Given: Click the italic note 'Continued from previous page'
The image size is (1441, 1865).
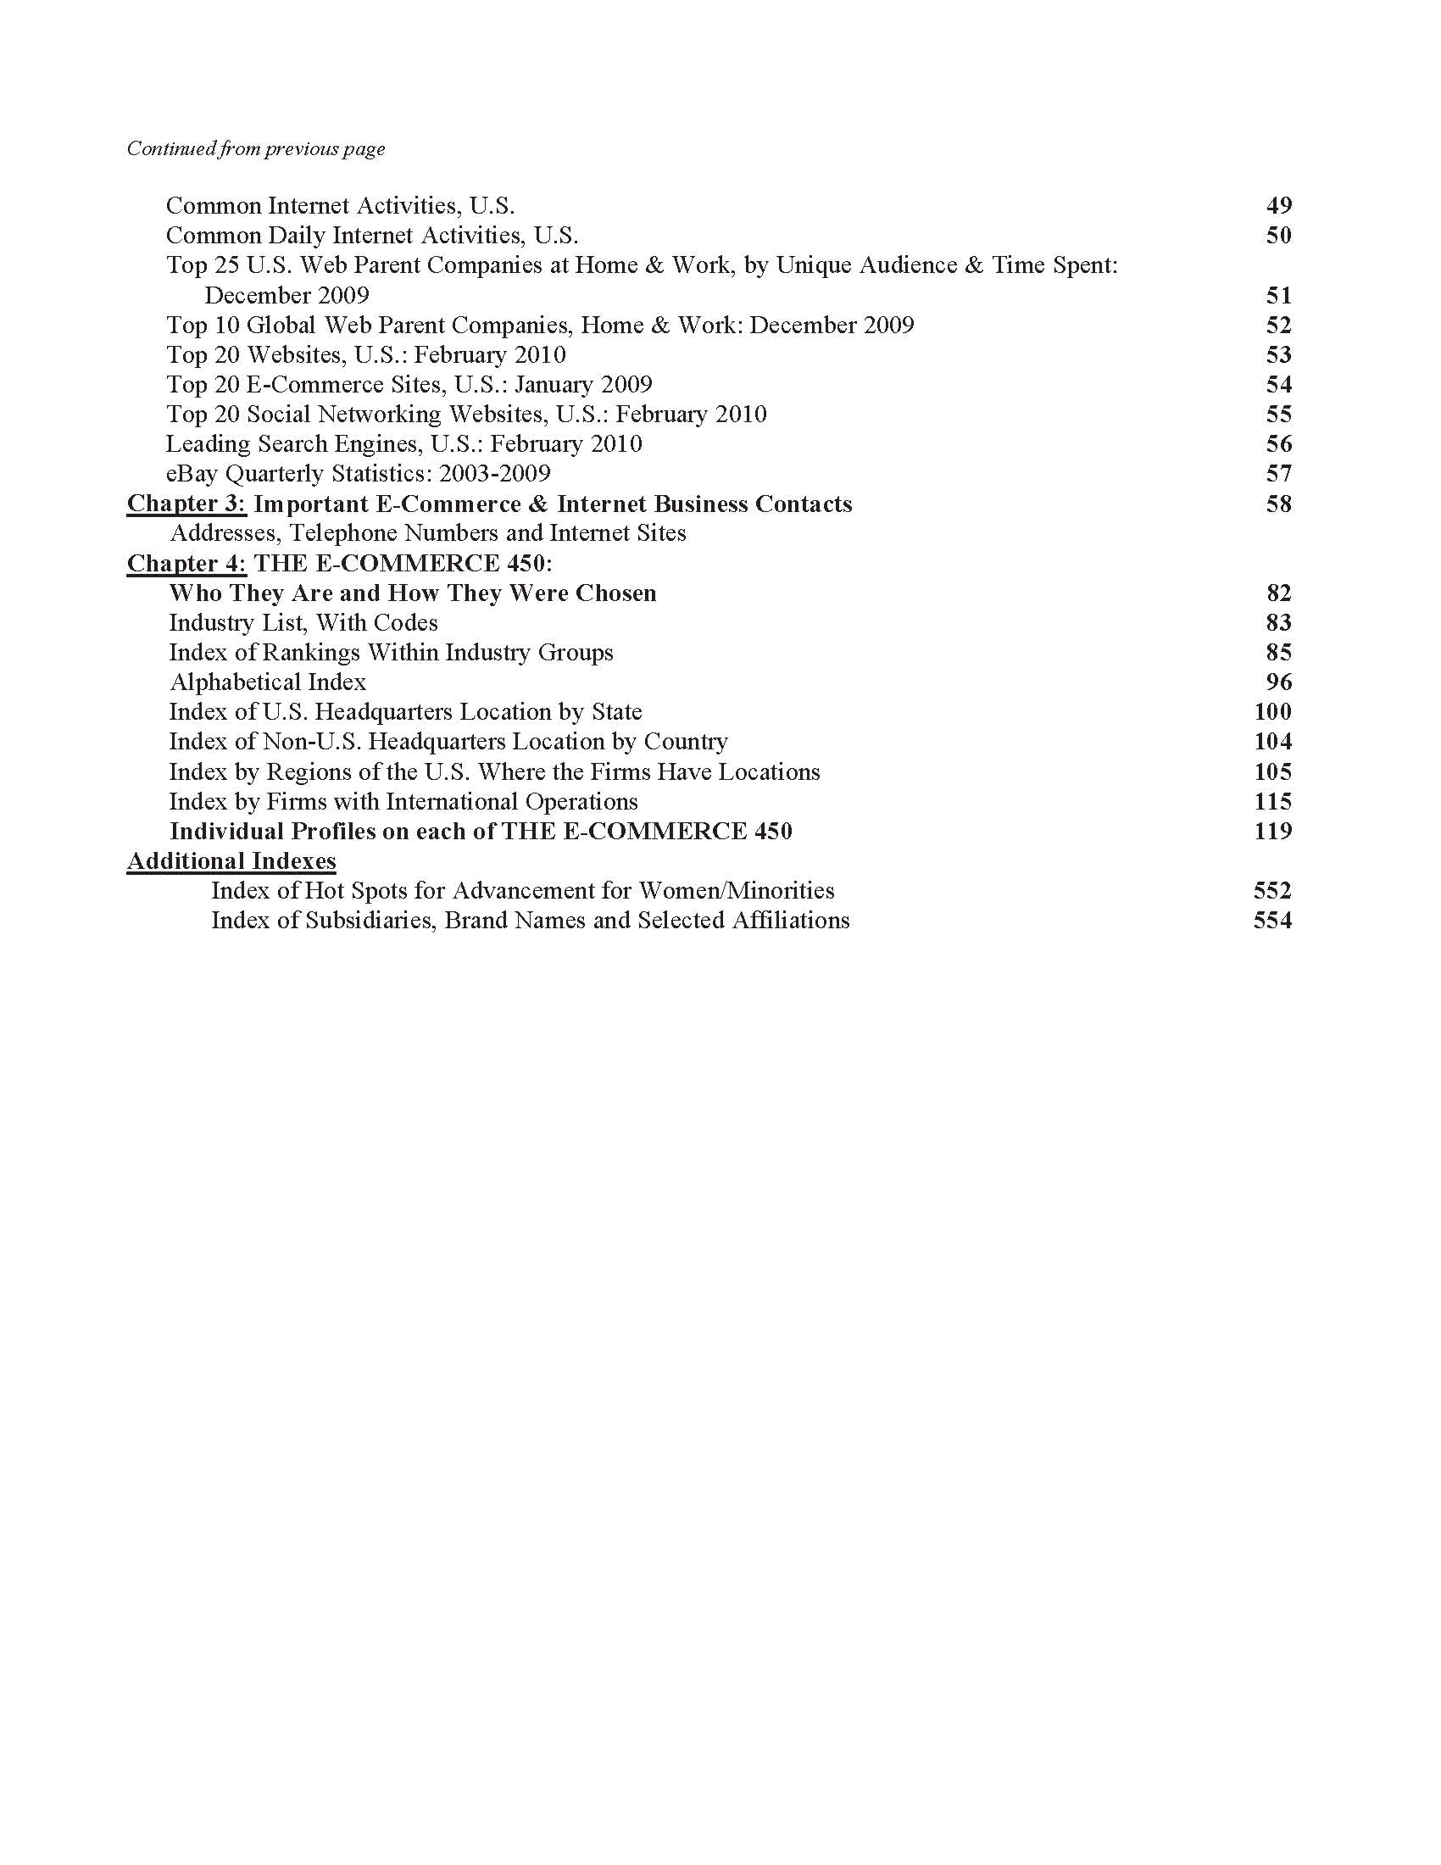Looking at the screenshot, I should pos(256,149).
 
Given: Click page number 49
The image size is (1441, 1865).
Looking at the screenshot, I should pos(1278,206).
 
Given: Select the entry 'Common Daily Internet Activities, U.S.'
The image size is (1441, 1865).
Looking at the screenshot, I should pos(371,236).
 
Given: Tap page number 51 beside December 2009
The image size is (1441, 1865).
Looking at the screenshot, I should pos(1278,296).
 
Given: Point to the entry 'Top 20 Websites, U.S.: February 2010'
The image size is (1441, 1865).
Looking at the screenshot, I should pos(365,355).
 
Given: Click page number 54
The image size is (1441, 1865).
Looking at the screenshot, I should pos(1278,385).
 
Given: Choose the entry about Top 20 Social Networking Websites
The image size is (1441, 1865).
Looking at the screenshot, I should pos(466,415).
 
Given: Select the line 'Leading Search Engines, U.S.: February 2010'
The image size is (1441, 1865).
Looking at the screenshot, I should pos(403,445).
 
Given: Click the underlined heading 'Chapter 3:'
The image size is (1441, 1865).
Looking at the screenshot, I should pos(187,504).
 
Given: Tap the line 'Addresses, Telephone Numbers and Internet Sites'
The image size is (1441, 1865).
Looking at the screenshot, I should pos(428,534).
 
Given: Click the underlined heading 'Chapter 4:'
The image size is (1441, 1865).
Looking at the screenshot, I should pos(187,564).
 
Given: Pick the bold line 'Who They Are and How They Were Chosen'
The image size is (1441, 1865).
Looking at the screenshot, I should pos(412,593).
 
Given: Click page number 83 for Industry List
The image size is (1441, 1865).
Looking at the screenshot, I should pos(1278,623).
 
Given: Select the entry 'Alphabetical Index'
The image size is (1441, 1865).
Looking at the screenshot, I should pos(268,682).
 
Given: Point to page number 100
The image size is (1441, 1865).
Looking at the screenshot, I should pos(1272,712).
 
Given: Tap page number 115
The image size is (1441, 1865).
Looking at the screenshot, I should pos(1272,802).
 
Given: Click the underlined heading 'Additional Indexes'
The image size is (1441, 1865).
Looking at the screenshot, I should pos(231,861).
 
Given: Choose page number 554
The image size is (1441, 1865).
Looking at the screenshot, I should pos(1272,921).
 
